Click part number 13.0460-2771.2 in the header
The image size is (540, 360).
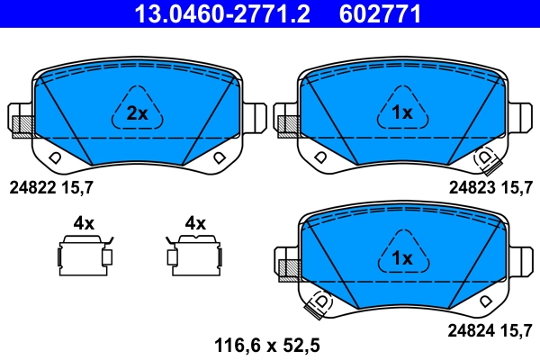[222, 14]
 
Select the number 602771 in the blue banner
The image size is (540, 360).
[380, 14]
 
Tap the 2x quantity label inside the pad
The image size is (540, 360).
[138, 113]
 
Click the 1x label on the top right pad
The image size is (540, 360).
[402, 112]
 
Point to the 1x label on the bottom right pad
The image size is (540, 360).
[402, 257]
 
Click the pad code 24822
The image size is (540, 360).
[32, 188]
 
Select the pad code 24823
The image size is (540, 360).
[472, 188]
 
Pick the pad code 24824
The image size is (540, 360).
[471, 330]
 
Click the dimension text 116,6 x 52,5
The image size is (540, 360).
[267, 346]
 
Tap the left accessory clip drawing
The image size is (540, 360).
[85, 256]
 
